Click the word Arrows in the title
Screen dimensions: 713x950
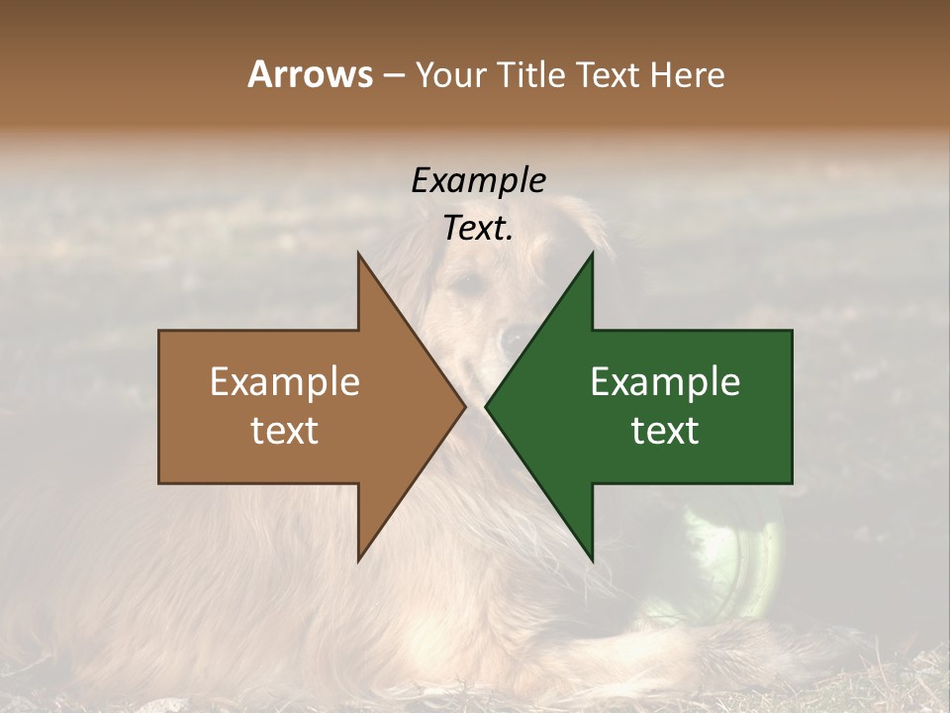coord(309,74)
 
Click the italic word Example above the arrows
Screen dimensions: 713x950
coord(478,181)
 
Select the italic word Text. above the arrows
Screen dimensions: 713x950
coord(478,229)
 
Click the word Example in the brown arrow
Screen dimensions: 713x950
coord(284,382)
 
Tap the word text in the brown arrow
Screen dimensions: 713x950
coord(284,431)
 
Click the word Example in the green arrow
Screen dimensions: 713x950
coord(665,382)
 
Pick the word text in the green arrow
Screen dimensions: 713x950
coord(665,431)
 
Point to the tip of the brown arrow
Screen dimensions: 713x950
coord(465,407)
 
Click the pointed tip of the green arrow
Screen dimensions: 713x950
coord(486,407)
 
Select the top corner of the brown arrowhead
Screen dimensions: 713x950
coord(358,254)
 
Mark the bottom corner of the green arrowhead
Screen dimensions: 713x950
coord(592,560)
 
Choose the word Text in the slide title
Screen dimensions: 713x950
coord(611,74)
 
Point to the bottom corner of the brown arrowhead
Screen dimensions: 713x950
coord(358,560)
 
